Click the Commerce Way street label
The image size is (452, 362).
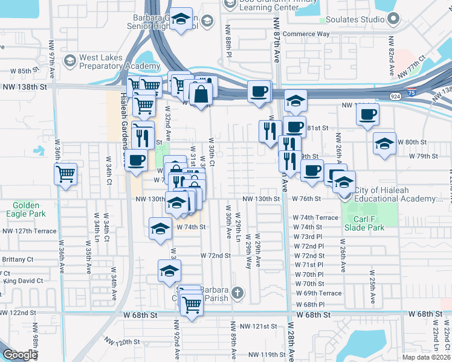306,34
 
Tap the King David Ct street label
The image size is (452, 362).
23,281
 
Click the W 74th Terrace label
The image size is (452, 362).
316,217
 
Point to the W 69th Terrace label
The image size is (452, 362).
318,293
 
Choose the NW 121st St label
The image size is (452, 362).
258,326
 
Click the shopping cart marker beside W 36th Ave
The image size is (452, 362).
65,174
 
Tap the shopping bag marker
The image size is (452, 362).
201,94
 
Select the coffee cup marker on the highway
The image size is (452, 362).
259,92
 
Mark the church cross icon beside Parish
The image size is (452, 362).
238,294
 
